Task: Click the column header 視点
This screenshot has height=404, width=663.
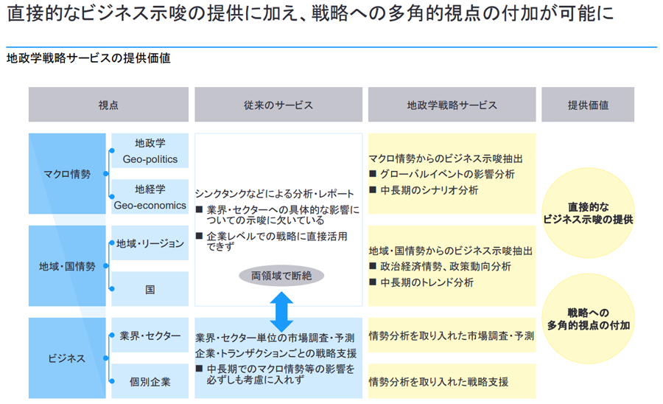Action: click(108, 105)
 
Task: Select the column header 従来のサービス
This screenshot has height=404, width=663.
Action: click(278, 105)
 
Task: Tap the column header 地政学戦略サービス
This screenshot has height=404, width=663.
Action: click(452, 105)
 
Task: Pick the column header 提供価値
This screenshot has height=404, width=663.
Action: click(588, 105)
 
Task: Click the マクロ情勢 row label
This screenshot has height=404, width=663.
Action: click(67, 175)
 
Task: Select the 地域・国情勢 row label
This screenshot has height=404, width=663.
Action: click(67, 266)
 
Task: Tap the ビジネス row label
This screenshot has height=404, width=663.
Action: click(67, 358)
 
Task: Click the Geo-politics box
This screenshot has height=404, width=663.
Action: click(150, 151)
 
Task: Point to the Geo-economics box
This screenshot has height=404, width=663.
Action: click(150, 198)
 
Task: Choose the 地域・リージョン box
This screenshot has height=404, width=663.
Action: click(150, 243)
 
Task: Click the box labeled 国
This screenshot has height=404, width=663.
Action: click(150, 290)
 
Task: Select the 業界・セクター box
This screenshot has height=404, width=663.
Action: click(150, 335)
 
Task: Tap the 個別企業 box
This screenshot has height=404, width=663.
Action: click(150, 382)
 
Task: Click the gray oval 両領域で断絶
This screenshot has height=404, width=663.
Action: click(281, 276)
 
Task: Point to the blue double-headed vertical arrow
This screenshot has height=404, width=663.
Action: click(281, 311)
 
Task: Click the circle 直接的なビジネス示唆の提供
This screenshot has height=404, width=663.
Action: click(588, 213)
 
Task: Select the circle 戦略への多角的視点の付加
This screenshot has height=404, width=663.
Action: click(588, 318)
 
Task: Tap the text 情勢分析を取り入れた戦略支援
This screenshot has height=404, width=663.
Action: click(438, 382)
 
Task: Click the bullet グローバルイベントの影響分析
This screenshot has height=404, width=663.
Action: click(447, 174)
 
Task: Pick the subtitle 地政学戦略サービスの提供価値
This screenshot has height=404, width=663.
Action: click(88, 58)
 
